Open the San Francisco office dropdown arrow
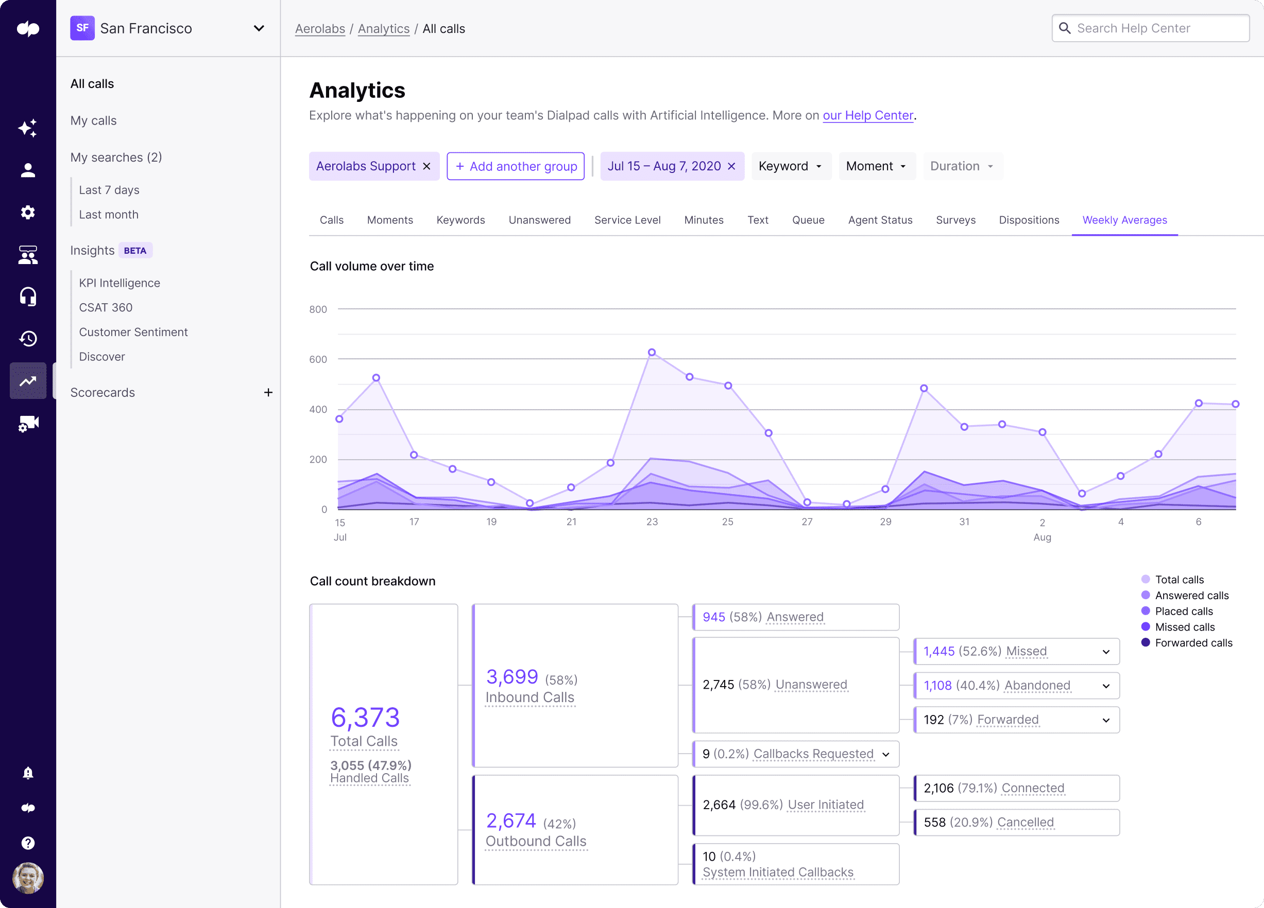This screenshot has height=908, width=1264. [x=259, y=28]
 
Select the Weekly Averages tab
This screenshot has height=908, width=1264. [x=1124, y=220]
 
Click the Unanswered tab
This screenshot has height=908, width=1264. [x=539, y=220]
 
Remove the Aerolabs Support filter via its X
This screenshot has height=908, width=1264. [x=426, y=167]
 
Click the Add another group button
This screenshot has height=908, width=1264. [x=516, y=167]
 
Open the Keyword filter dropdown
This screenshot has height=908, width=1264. [x=790, y=167]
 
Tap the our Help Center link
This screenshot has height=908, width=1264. [x=868, y=115]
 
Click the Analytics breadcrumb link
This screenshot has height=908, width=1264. [x=383, y=29]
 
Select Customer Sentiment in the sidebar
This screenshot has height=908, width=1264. [x=133, y=332]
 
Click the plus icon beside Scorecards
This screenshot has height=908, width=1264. [x=268, y=393]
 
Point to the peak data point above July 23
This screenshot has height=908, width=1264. [x=652, y=353]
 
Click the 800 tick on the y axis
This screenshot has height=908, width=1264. [x=318, y=309]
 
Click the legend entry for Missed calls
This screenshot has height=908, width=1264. [x=1184, y=627]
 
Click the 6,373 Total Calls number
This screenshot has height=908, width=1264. [x=365, y=718]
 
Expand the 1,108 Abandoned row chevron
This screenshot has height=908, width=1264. [x=1106, y=686]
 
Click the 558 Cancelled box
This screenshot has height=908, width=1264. [x=1016, y=822]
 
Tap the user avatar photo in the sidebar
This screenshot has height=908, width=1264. [x=28, y=878]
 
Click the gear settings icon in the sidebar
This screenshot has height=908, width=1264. [x=28, y=212]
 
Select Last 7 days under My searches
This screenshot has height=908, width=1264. [x=109, y=190]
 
